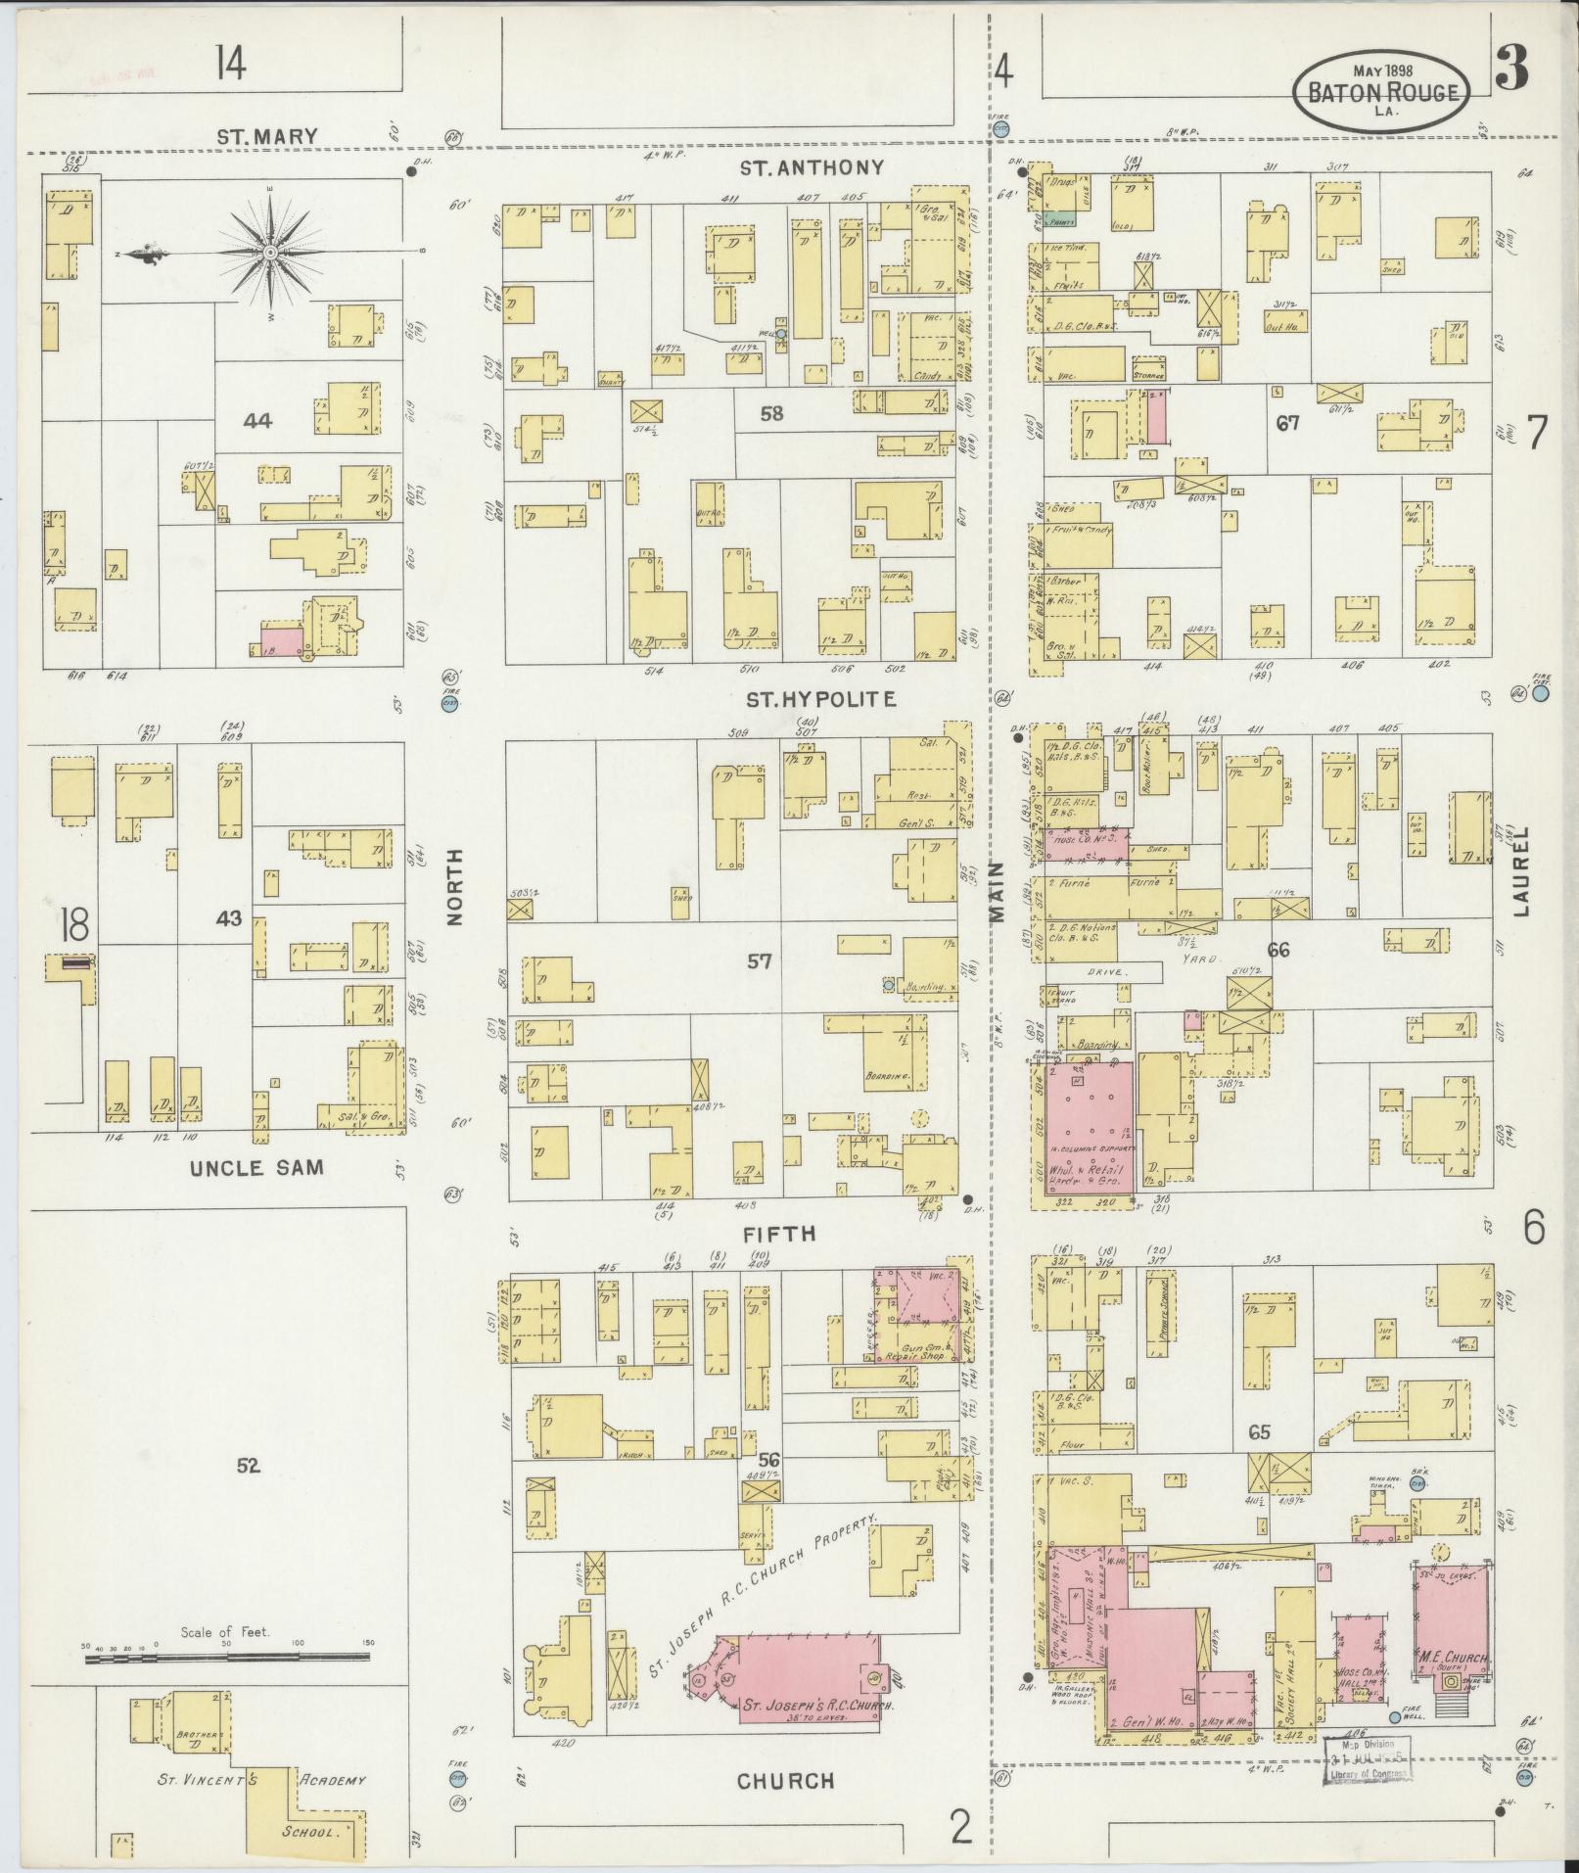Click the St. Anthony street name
(812, 167)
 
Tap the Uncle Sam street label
(256, 1167)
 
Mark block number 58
(771, 414)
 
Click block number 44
(257, 421)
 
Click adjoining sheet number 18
(72, 923)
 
